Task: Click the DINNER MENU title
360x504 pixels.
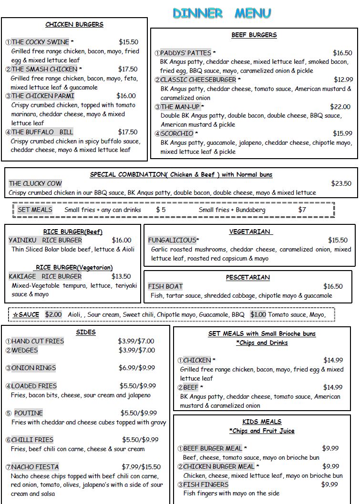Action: coord(222,13)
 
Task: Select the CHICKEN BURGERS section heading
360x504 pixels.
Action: coord(74,24)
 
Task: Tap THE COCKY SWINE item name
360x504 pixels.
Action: coord(40,42)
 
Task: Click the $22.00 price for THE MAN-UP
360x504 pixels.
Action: coord(340,107)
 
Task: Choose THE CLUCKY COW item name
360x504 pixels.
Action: coord(35,183)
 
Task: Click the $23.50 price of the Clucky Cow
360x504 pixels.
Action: coord(341,183)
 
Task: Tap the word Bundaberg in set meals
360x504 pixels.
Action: coord(260,210)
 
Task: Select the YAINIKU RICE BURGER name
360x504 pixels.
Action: coord(45,240)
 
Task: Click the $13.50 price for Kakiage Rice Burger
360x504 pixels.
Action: coord(121,276)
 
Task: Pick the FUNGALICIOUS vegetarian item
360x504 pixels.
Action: coord(172,240)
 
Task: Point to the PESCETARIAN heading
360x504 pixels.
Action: coord(247,277)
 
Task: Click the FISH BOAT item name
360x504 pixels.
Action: coord(165,286)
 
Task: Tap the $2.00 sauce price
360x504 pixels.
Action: coord(53,314)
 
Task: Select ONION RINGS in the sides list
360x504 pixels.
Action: coord(33,368)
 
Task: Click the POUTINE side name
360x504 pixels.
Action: coord(28,413)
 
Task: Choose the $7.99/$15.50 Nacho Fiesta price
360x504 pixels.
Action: coord(141,467)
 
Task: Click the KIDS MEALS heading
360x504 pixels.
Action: coord(262,422)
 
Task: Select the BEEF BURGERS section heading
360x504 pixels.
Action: coord(254,35)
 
